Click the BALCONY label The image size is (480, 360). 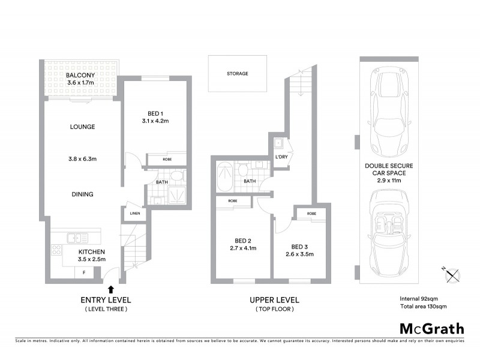pos(78,75)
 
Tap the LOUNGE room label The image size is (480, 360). pos(82,127)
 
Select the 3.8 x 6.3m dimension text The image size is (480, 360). pos(82,159)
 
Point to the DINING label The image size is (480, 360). pos(82,194)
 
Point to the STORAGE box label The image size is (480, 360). pos(238,74)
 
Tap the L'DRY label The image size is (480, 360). pos(281,157)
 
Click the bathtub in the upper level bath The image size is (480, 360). pos(224,176)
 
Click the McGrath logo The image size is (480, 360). pos(432,328)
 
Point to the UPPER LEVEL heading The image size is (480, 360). pos(274,300)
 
